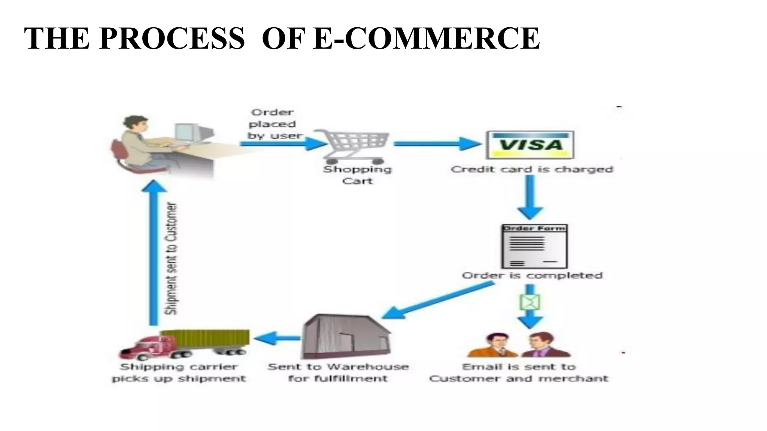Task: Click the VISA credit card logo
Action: point(530,145)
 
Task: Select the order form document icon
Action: point(534,246)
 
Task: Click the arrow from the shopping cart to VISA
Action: point(437,144)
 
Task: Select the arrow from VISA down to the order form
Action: point(530,196)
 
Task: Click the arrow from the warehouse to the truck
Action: point(277,338)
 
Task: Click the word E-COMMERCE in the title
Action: point(426,38)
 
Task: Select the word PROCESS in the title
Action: point(172,38)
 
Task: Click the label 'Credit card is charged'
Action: point(532,169)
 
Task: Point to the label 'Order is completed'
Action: point(532,276)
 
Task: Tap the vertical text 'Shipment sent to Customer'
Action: point(172,258)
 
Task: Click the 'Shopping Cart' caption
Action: point(357,175)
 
